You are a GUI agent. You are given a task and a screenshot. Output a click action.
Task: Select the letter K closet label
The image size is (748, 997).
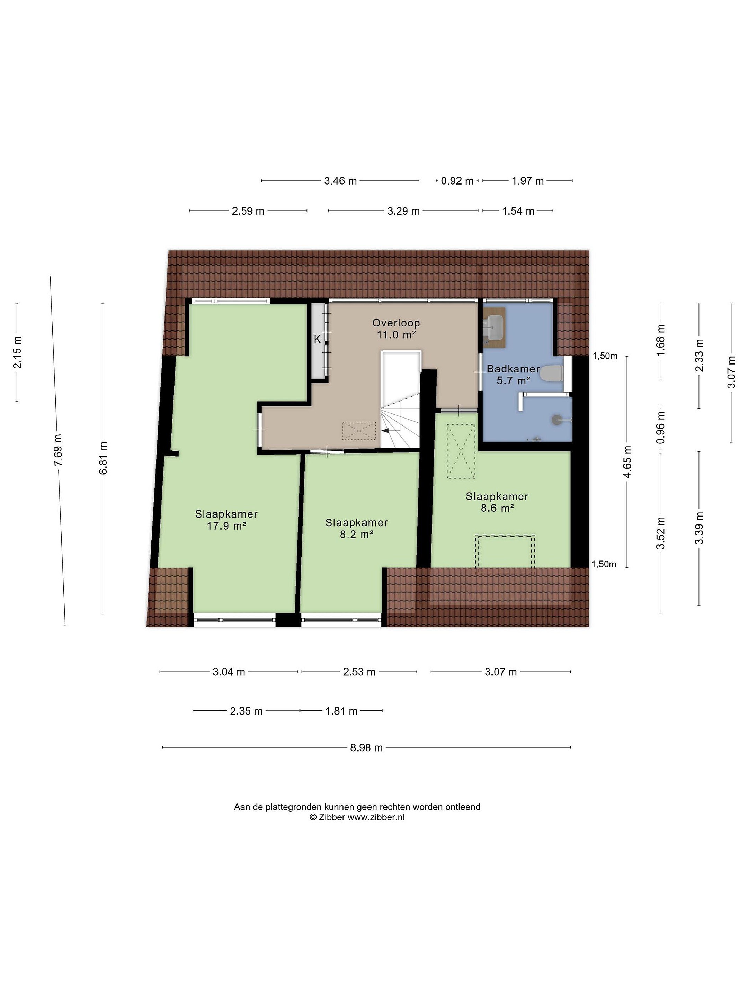click(x=318, y=339)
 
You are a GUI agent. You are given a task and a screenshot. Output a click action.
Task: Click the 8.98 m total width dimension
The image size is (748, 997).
click(x=366, y=748)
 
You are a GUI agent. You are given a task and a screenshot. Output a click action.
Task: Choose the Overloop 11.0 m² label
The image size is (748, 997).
click(x=396, y=329)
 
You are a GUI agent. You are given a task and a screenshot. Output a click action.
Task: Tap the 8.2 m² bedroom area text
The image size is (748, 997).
click(x=356, y=535)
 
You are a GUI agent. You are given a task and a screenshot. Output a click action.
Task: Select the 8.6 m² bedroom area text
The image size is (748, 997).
click(x=497, y=508)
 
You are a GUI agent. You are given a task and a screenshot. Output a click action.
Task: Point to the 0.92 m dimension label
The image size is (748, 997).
click(x=457, y=181)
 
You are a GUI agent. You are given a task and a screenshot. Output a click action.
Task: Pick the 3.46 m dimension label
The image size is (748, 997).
click(x=340, y=181)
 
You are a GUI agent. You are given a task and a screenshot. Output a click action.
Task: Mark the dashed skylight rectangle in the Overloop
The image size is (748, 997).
click(x=359, y=430)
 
